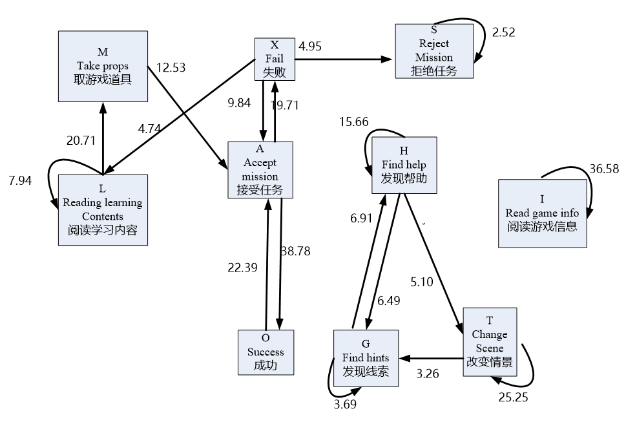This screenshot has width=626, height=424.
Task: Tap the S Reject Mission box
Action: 433,52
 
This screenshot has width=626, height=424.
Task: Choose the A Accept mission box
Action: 260,169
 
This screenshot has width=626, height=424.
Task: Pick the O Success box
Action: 266,352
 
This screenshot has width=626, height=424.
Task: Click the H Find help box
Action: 404,165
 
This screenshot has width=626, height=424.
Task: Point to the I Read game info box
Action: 543,213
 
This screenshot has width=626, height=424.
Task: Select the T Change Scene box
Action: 490,342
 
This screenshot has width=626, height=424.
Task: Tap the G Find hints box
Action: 366,357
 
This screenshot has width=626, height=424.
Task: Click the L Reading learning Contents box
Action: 103,210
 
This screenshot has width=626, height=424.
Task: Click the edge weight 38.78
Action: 295,251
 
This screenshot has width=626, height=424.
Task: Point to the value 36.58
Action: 603,169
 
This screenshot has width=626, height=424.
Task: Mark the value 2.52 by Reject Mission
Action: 503,32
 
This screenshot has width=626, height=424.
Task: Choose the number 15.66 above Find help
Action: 353,122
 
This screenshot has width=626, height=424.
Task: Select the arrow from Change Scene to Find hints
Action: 430,357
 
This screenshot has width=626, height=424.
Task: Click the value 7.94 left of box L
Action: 20,180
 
